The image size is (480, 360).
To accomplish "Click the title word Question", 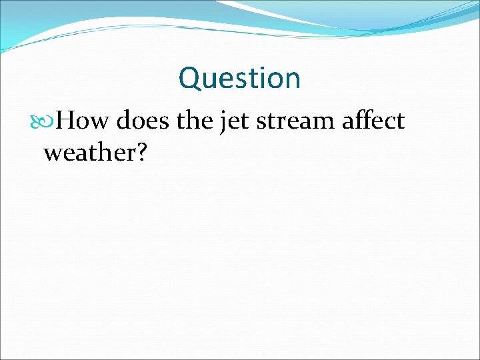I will click(239, 79).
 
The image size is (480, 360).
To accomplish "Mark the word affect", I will click(372, 121).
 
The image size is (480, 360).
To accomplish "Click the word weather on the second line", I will click(89, 153).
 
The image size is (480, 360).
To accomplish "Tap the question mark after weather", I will click(141, 153).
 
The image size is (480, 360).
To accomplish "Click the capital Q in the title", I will click(190, 79).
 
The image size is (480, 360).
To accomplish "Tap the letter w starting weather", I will click(53, 154).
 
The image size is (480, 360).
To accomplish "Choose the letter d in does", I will click(125, 121).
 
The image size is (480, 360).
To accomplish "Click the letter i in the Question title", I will click(262, 78).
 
